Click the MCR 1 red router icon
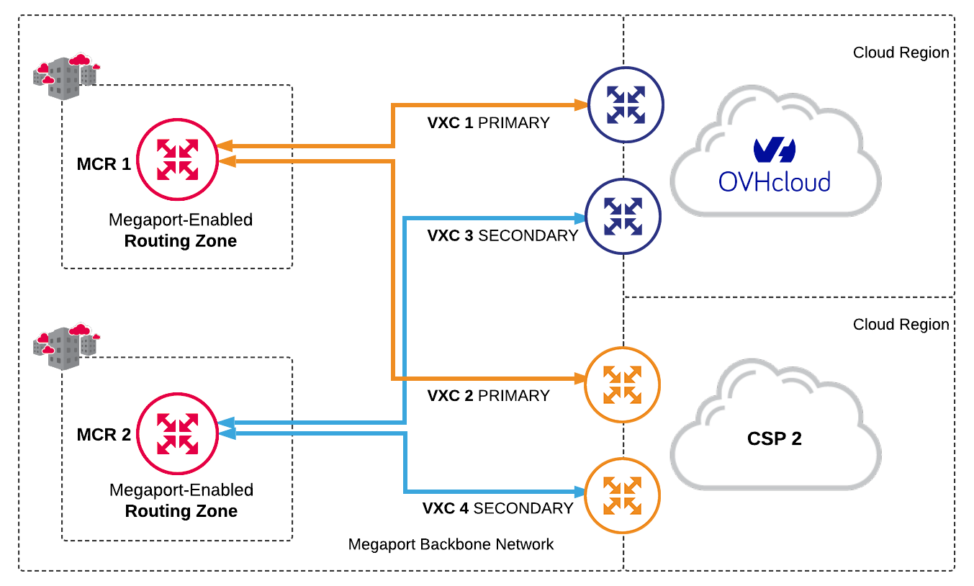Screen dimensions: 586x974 pyautogui.click(x=178, y=159)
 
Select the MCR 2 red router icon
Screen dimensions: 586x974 pyautogui.click(x=178, y=433)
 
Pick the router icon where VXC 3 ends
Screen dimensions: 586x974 pyautogui.click(x=623, y=216)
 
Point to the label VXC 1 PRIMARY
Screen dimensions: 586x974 pyautogui.click(x=488, y=123)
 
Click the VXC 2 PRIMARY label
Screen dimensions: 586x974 pyautogui.click(x=488, y=396)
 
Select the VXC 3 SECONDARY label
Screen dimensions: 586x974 pyautogui.click(x=502, y=235)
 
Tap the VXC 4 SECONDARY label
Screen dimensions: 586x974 pyautogui.click(x=497, y=508)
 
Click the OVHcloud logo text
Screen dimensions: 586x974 pyautogui.click(x=774, y=180)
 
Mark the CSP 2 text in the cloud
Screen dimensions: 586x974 pyautogui.click(x=775, y=438)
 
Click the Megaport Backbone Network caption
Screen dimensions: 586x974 pyautogui.click(x=451, y=544)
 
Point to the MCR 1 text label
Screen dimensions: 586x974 pyautogui.click(x=104, y=164)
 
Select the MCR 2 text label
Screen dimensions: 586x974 pyautogui.click(x=104, y=435)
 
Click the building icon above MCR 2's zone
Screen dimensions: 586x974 pyautogui.click(x=66, y=346)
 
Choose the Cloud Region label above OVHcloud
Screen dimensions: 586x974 pyautogui.click(x=901, y=53)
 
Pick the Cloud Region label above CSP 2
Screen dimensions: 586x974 pyautogui.click(x=901, y=325)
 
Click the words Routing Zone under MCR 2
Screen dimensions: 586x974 pyautogui.click(x=181, y=512)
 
